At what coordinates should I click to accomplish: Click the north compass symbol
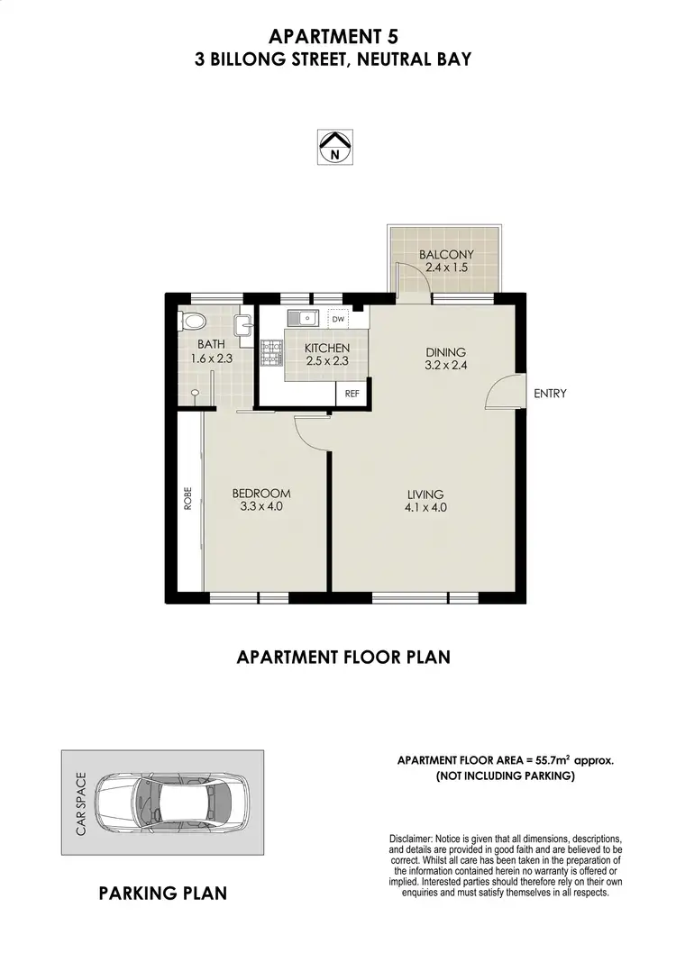point(335,147)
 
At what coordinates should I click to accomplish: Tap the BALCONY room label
point(445,255)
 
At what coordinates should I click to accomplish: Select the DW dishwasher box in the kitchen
point(338,320)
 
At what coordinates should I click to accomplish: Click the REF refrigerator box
point(352,394)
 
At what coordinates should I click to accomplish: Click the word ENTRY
point(550,394)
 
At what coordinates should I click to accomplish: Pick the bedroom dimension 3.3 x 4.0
point(261,507)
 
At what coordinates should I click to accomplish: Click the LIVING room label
point(425,495)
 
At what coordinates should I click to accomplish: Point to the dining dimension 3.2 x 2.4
point(445,366)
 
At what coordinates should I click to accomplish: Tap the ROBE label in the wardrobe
point(188,500)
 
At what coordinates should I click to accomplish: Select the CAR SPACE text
point(80,803)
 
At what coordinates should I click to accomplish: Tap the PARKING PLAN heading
point(162,894)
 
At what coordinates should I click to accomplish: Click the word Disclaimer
point(411,839)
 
